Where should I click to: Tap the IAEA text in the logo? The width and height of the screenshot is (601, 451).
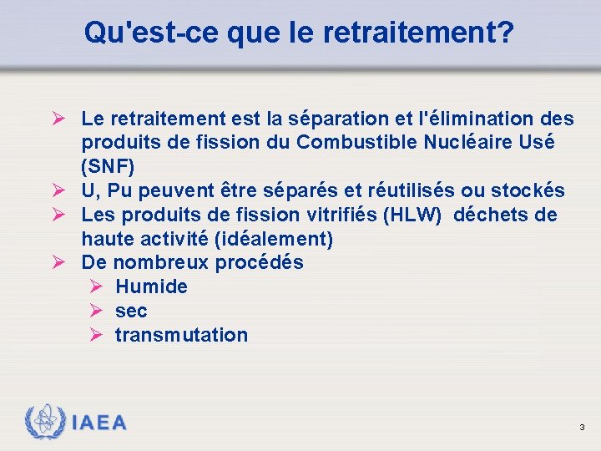pos(99,423)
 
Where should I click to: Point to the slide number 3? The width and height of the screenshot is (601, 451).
pos(582,428)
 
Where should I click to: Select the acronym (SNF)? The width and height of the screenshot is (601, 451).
pos(108,166)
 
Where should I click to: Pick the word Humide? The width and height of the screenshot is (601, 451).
pos(151,286)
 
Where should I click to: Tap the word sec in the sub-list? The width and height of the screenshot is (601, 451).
pos(131,311)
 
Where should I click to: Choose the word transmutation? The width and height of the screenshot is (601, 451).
pos(181,335)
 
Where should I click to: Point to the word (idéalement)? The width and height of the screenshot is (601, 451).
pos(274,239)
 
